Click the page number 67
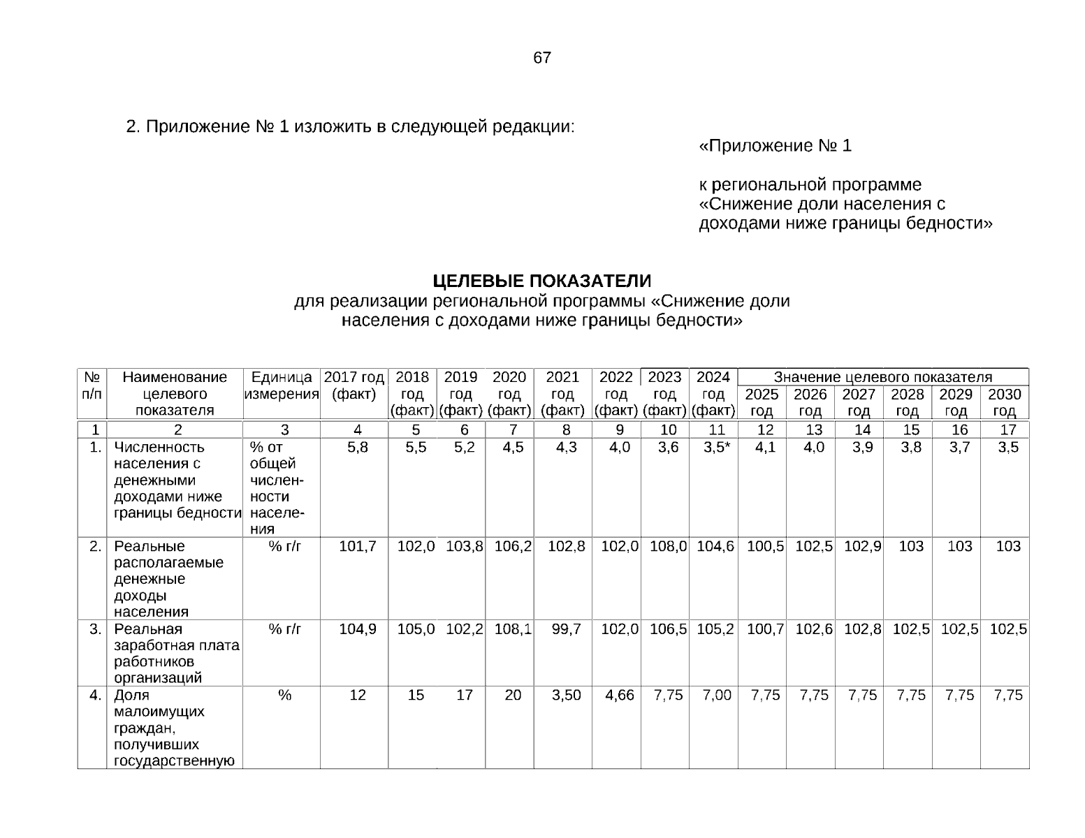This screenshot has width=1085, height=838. pos(541,58)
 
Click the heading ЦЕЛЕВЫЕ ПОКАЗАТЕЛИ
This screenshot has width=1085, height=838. pos(541,281)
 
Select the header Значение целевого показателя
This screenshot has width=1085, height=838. pos(882,377)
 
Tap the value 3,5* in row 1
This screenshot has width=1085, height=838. pos(717,448)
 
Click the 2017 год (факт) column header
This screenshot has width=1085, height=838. pos(354,385)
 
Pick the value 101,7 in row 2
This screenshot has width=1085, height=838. pos(357,547)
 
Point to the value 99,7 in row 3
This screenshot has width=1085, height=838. pos(566,629)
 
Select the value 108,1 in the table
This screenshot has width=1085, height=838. pos(513,629)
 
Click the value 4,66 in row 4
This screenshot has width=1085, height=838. pos(619,695)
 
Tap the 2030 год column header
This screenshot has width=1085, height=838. pos(1004,402)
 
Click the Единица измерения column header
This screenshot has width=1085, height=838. pos(282,385)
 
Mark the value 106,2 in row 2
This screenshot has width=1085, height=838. pos(513,547)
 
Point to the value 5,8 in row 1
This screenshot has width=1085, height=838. pos(357,448)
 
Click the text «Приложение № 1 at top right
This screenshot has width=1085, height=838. pos(775,146)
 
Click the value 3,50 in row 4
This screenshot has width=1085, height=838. pos(566,695)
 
